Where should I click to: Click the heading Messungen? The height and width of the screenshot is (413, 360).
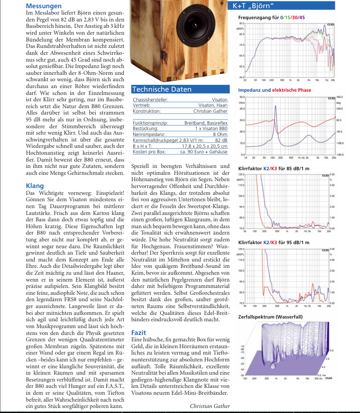click(x=44, y=6)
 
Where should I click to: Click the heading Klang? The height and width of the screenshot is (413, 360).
click(x=35, y=186)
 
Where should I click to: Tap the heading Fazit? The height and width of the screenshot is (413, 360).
click(x=139, y=333)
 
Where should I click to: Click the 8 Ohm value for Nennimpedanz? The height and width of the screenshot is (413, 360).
click(x=220, y=135)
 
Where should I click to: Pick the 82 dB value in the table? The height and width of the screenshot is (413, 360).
click(x=221, y=140)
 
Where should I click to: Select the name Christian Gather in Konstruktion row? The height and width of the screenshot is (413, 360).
click(x=210, y=111)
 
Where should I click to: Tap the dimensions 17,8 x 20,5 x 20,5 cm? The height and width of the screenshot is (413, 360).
click(x=208, y=146)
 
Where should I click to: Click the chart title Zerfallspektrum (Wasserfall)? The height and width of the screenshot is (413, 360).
click(x=270, y=316)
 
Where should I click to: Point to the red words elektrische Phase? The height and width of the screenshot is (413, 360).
click(x=292, y=90)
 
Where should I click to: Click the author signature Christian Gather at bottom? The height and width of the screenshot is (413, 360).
click(x=210, y=406)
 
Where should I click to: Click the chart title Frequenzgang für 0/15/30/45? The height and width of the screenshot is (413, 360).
click(x=271, y=17)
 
